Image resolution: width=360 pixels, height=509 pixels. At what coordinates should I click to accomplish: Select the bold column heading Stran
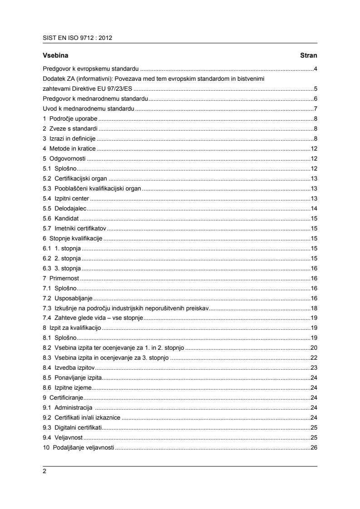coord(308,55)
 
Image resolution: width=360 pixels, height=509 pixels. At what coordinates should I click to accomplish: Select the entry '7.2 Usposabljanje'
coord(68,298)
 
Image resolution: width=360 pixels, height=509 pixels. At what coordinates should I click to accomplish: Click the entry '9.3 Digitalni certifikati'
coord(73,427)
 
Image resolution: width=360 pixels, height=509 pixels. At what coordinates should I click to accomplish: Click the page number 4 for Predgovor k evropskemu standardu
coord(315,69)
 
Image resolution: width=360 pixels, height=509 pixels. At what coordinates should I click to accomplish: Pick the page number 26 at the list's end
coord(313,448)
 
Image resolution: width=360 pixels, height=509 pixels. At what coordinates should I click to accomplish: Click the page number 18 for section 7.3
coord(313,308)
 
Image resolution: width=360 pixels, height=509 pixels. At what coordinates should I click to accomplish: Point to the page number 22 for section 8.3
coord(313,357)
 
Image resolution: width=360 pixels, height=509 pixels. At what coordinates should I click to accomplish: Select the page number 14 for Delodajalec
coord(313,208)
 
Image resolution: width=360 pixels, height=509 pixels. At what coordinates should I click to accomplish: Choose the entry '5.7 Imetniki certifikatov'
coord(74,228)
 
